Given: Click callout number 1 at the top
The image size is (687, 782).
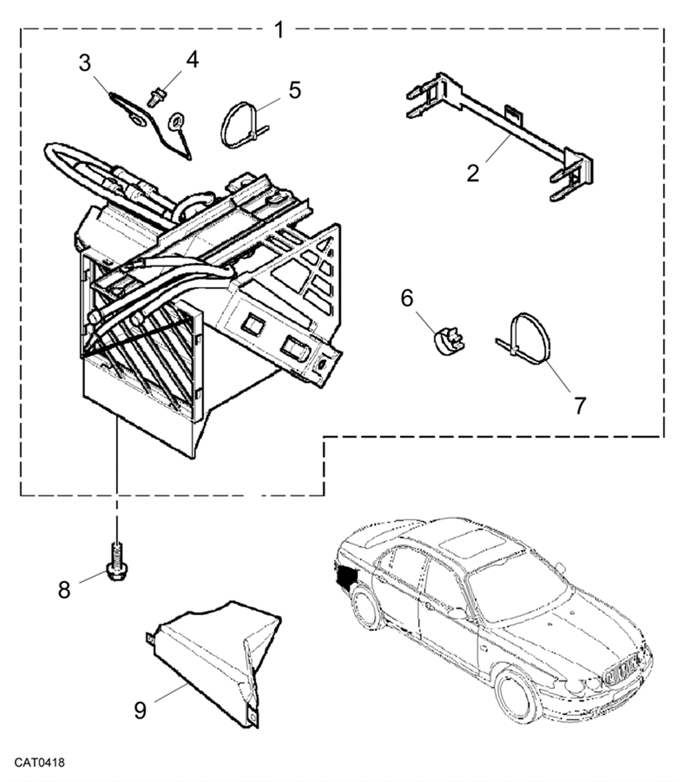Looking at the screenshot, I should pyautogui.click(x=279, y=30).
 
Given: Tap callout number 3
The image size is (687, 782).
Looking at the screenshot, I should pyautogui.click(x=85, y=63).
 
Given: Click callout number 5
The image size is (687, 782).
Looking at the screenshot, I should pyautogui.click(x=295, y=90).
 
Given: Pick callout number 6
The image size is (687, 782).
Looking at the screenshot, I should pyautogui.click(x=407, y=298).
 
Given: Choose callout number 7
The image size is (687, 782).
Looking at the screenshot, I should pyautogui.click(x=580, y=405).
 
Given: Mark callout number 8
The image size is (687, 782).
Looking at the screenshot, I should pyautogui.click(x=64, y=589).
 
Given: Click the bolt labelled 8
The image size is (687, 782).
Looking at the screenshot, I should pyautogui.click(x=116, y=562).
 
